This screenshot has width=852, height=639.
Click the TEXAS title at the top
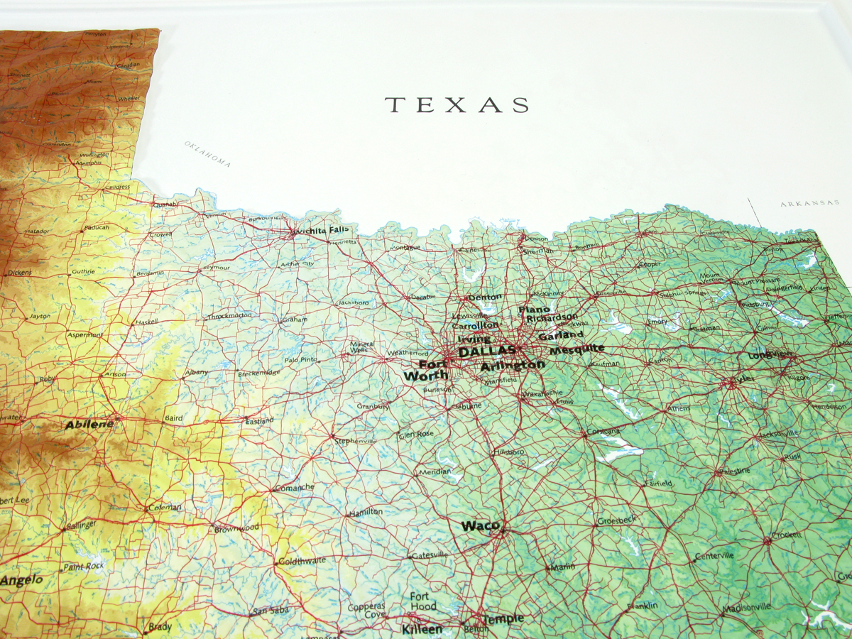457,105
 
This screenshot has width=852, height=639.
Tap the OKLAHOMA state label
208,153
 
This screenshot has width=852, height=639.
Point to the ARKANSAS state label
810,204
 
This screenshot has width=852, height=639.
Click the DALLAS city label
486,351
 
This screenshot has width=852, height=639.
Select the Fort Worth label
426,370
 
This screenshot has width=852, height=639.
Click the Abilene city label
89,425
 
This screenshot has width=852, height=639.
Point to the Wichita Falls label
322,230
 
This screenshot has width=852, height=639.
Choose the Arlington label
512,366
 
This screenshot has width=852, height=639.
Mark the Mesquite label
577,349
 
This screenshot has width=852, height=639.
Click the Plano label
535,310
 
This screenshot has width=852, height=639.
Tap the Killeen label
422,629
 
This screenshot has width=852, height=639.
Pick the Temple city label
505,618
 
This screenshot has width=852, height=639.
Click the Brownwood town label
238,528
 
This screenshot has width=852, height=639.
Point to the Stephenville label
355,441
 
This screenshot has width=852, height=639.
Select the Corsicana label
603,432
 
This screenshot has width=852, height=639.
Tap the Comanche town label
294,487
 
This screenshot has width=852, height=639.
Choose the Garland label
561,335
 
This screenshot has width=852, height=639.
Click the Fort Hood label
423,601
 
